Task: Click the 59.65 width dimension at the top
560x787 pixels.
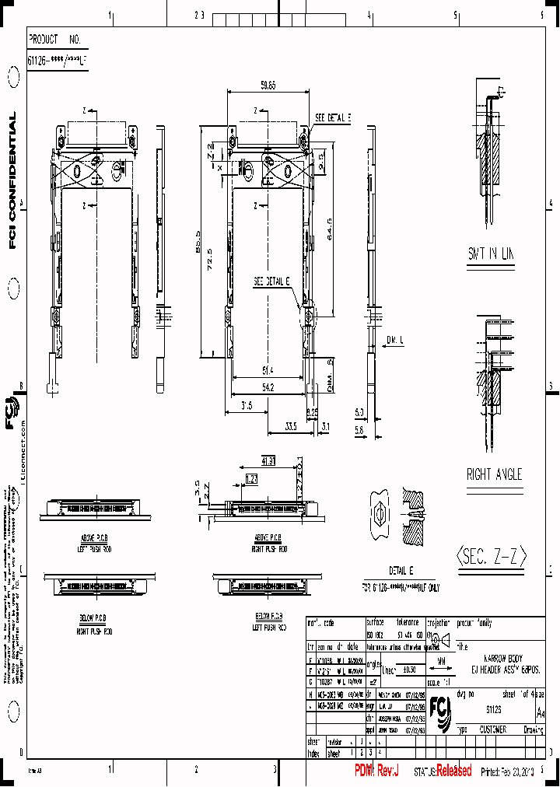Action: [268, 86]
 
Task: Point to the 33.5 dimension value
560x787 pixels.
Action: [291, 425]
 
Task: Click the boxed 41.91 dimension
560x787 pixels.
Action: [269, 461]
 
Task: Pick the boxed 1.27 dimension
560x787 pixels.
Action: [251, 478]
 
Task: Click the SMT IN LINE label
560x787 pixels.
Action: [491, 254]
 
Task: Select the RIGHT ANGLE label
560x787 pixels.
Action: [494, 474]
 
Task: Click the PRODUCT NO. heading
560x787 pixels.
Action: [54, 38]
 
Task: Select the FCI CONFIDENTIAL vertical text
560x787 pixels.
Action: [12, 181]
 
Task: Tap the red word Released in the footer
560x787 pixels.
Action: [453, 771]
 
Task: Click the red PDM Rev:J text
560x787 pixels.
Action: [376, 771]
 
